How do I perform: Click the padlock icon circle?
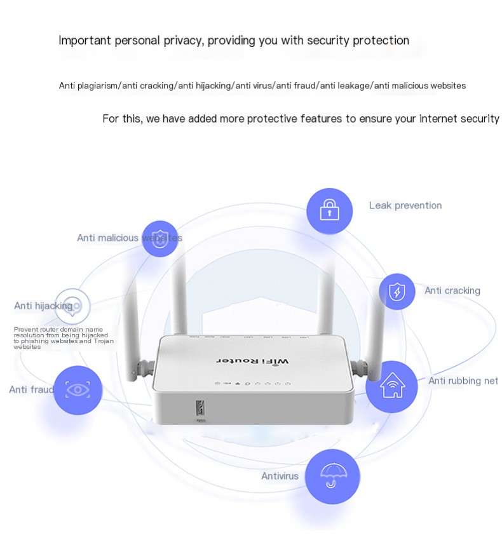coord(329,210)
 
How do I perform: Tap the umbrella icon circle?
coord(332,476)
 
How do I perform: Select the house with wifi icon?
coord(391,386)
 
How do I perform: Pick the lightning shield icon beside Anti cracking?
coord(397,292)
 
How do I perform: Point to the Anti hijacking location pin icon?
coord(73,306)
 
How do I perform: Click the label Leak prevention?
coord(405,205)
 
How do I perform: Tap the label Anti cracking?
coord(452,290)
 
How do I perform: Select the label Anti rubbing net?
coord(463,381)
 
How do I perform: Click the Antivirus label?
coord(280,476)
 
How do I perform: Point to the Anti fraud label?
coord(31,389)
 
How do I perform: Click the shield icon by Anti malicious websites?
coord(159,238)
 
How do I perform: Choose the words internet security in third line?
coord(459,119)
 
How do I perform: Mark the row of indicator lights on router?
coord(254,384)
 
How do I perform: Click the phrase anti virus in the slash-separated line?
coord(254,85)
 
